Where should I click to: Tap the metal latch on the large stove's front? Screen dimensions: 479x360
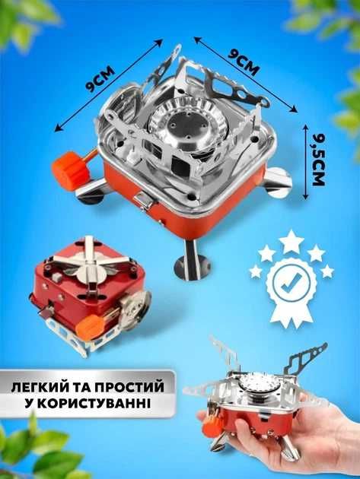143,201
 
